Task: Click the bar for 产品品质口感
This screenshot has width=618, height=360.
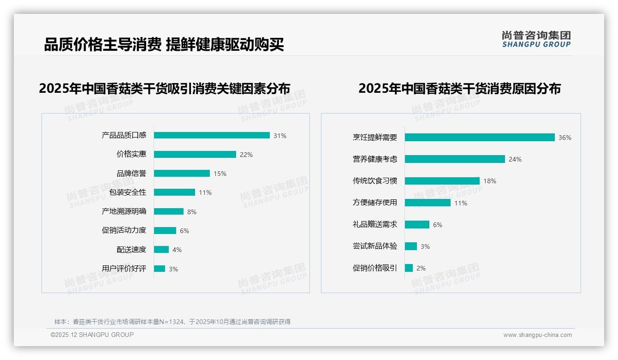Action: tap(212, 135)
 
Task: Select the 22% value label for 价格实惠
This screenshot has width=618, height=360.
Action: tap(246, 155)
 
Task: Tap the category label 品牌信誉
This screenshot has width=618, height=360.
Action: tap(131, 174)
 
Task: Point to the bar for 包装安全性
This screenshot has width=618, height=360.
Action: tap(174, 192)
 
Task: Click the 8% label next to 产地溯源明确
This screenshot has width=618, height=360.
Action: tap(192, 212)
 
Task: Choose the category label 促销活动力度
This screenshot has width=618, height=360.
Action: tap(124, 230)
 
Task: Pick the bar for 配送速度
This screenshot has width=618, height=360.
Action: tap(161, 250)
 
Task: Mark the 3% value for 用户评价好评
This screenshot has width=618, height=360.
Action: tap(173, 269)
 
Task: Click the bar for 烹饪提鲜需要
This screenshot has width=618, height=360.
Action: tap(480, 138)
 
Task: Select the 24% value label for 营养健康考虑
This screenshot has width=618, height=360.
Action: tap(515, 159)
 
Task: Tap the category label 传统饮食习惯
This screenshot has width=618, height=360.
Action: tap(375, 181)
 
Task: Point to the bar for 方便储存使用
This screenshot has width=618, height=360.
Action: tap(428, 203)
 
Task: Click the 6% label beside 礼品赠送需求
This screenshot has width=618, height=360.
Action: tap(438, 225)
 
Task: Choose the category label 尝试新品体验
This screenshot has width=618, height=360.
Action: tap(375, 246)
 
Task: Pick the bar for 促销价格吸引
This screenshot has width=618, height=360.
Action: tap(409, 268)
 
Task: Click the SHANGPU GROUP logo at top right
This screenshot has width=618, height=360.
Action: tap(536, 39)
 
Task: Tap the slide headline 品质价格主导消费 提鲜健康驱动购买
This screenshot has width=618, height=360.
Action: tap(164, 45)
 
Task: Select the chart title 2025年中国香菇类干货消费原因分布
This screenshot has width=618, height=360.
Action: tap(459, 89)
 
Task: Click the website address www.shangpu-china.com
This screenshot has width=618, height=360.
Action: tap(537, 335)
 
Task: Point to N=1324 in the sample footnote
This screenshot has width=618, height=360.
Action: tap(172, 322)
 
